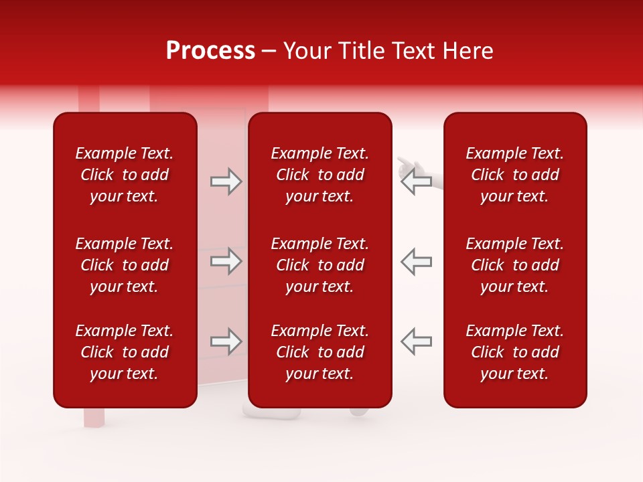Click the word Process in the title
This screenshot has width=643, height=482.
[x=210, y=51]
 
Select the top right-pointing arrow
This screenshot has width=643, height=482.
[x=226, y=181]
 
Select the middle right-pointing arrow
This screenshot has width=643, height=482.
[x=226, y=261]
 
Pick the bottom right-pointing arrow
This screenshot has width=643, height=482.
[x=226, y=341]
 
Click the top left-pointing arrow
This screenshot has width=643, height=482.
[x=417, y=181]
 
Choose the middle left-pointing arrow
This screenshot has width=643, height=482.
[x=417, y=261]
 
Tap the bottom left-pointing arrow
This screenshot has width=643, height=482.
[x=417, y=341]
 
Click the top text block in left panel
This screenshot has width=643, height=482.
[x=125, y=175]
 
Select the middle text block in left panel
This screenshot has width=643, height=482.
[x=125, y=265]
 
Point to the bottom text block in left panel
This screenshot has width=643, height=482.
[x=125, y=352]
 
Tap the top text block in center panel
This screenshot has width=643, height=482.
[x=320, y=175]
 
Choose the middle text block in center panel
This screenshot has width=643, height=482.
[x=320, y=265]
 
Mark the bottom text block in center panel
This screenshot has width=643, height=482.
[x=320, y=352]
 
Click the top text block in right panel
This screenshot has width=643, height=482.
[x=515, y=175]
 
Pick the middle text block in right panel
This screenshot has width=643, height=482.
[x=515, y=265]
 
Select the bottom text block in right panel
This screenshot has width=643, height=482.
[x=515, y=352]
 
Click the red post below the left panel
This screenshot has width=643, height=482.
[x=94, y=416]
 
